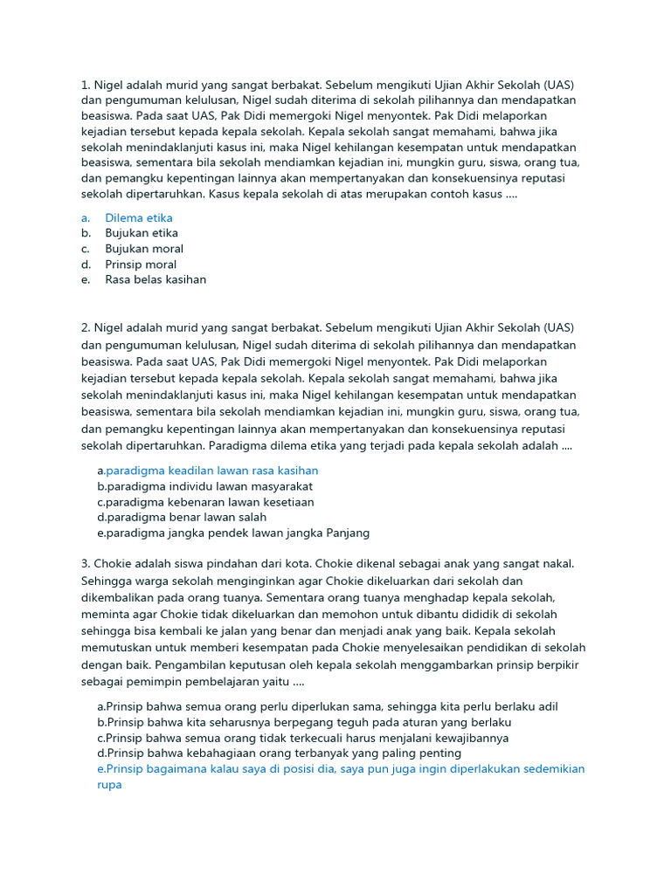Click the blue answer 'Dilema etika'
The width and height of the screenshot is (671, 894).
click(x=138, y=217)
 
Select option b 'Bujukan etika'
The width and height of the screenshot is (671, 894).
click(x=141, y=233)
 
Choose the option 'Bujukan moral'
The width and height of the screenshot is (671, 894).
click(x=144, y=249)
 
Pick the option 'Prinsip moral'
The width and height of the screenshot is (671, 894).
click(x=141, y=265)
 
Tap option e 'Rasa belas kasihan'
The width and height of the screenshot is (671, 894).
click(x=156, y=280)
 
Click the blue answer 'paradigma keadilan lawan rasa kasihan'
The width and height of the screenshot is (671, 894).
click(x=211, y=471)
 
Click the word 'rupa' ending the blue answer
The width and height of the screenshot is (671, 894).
click(x=109, y=784)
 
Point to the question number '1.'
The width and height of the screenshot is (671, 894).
click(x=86, y=85)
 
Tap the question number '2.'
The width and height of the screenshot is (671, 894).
click(x=86, y=327)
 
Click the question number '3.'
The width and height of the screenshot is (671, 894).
click(x=86, y=564)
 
